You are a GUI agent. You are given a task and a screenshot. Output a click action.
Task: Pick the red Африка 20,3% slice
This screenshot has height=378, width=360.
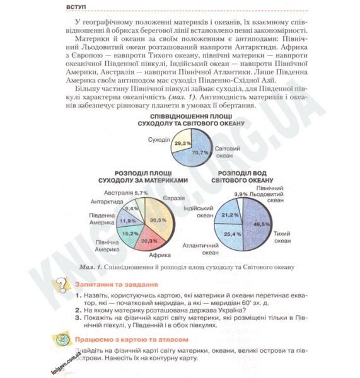click(x=148, y=240)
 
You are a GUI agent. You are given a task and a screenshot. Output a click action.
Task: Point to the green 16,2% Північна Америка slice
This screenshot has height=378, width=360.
click(x=129, y=233)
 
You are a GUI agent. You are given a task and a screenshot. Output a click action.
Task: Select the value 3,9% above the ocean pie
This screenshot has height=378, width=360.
click(x=241, y=194)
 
